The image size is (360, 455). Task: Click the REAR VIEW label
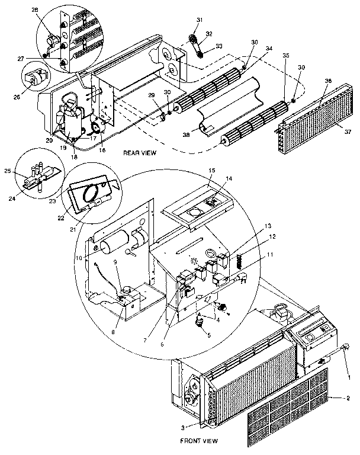[139, 153]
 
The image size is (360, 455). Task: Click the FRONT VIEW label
[198, 441]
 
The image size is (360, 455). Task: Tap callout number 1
[349, 377]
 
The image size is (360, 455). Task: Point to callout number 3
[183, 427]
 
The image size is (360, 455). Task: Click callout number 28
[50, 9]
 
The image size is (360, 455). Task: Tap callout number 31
[199, 22]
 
